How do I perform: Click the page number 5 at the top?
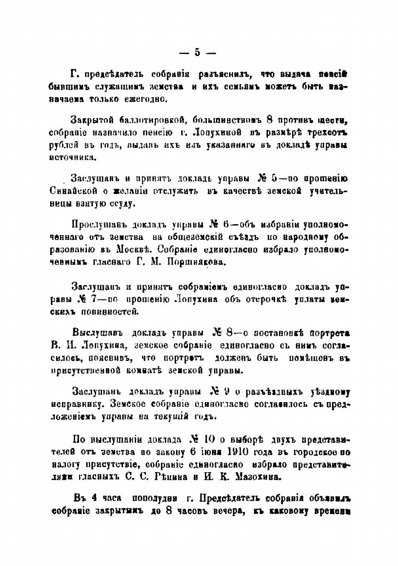(197, 53)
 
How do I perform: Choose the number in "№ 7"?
(92, 299)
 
